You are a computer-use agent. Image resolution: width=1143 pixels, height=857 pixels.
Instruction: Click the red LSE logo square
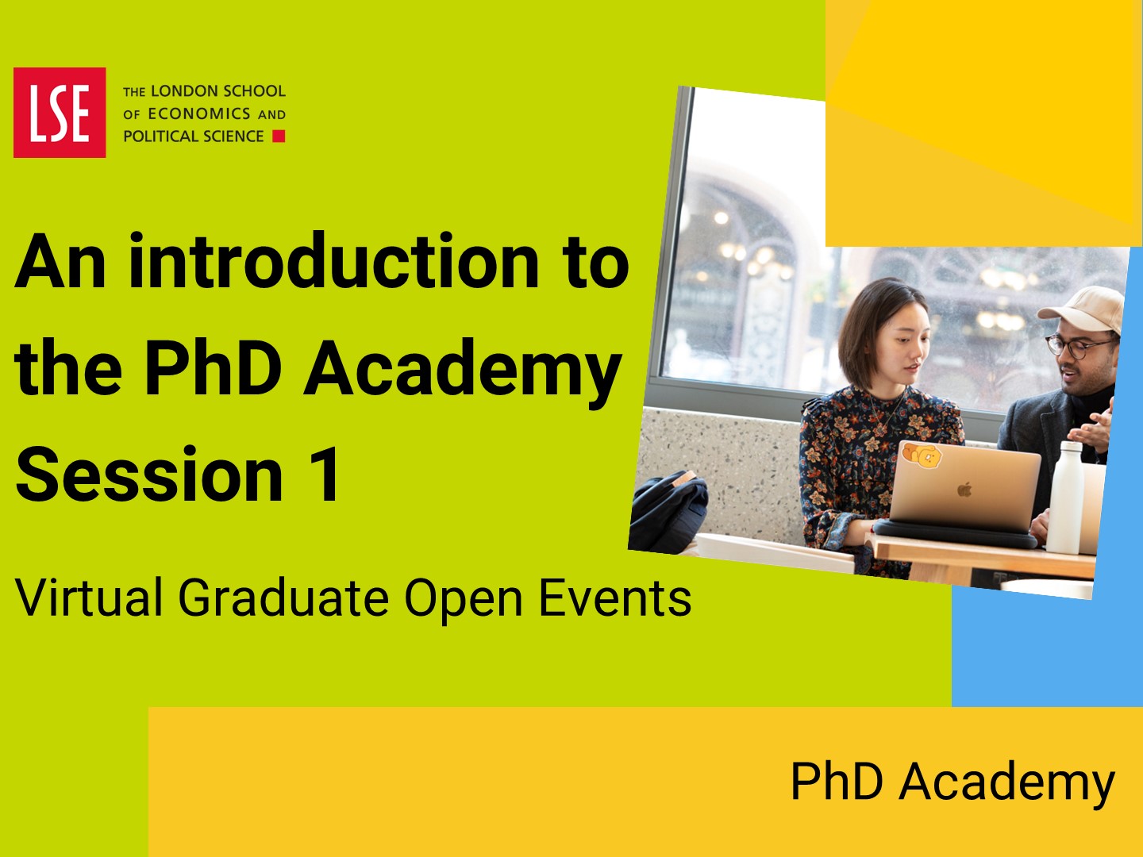[60, 113]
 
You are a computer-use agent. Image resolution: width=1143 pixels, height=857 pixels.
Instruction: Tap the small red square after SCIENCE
[279, 136]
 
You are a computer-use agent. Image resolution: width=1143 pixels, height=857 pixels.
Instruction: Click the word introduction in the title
[334, 260]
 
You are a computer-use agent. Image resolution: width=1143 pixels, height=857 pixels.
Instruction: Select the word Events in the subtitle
[614, 598]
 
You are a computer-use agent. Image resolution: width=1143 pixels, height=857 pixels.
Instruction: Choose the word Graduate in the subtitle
[284, 598]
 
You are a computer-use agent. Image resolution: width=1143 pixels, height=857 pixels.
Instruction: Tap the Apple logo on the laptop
[964, 489]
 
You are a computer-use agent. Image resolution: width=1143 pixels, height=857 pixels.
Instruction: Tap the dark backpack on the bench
[668, 512]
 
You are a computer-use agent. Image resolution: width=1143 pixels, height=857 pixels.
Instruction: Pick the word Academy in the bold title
[463, 371]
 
